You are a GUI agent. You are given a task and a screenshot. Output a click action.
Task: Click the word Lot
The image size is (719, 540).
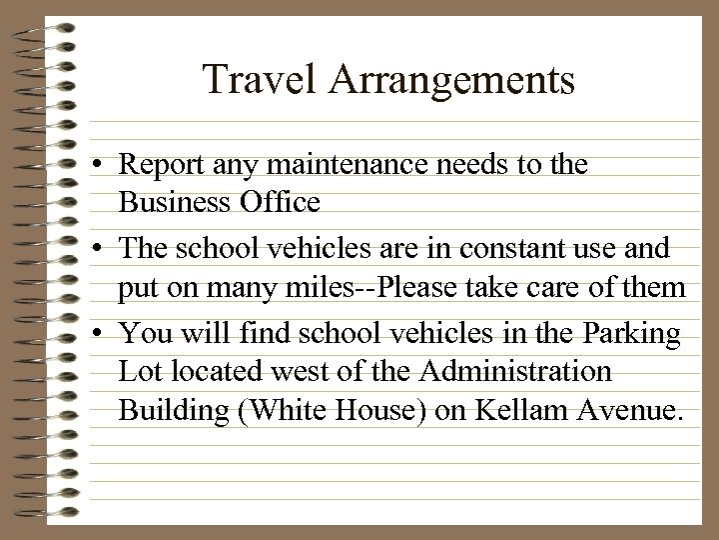(138, 373)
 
